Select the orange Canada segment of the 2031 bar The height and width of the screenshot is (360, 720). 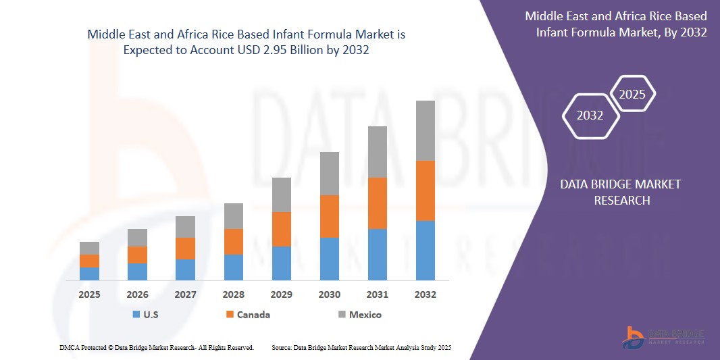pyautogui.click(x=377, y=203)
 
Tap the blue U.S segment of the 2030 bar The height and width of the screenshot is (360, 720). pyautogui.click(x=329, y=259)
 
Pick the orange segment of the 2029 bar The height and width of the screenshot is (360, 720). pyautogui.click(x=282, y=229)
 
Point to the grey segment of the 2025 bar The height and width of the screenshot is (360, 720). pyautogui.click(x=89, y=248)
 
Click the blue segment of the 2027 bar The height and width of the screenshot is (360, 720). pyautogui.click(x=185, y=269)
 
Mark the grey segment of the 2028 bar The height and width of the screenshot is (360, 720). pyautogui.click(x=233, y=216)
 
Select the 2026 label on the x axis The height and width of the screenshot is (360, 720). pyautogui.click(x=137, y=294)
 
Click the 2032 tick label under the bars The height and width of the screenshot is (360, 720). pyautogui.click(x=425, y=294)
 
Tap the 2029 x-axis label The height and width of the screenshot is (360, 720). pyautogui.click(x=282, y=294)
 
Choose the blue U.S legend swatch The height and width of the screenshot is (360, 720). pyautogui.click(x=136, y=315)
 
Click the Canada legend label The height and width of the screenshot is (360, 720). pyautogui.click(x=253, y=315)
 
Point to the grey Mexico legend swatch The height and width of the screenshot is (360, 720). pyautogui.click(x=342, y=315)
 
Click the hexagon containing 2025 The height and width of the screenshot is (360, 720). pyautogui.click(x=632, y=95)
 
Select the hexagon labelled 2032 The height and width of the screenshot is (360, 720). pyautogui.click(x=590, y=115)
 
